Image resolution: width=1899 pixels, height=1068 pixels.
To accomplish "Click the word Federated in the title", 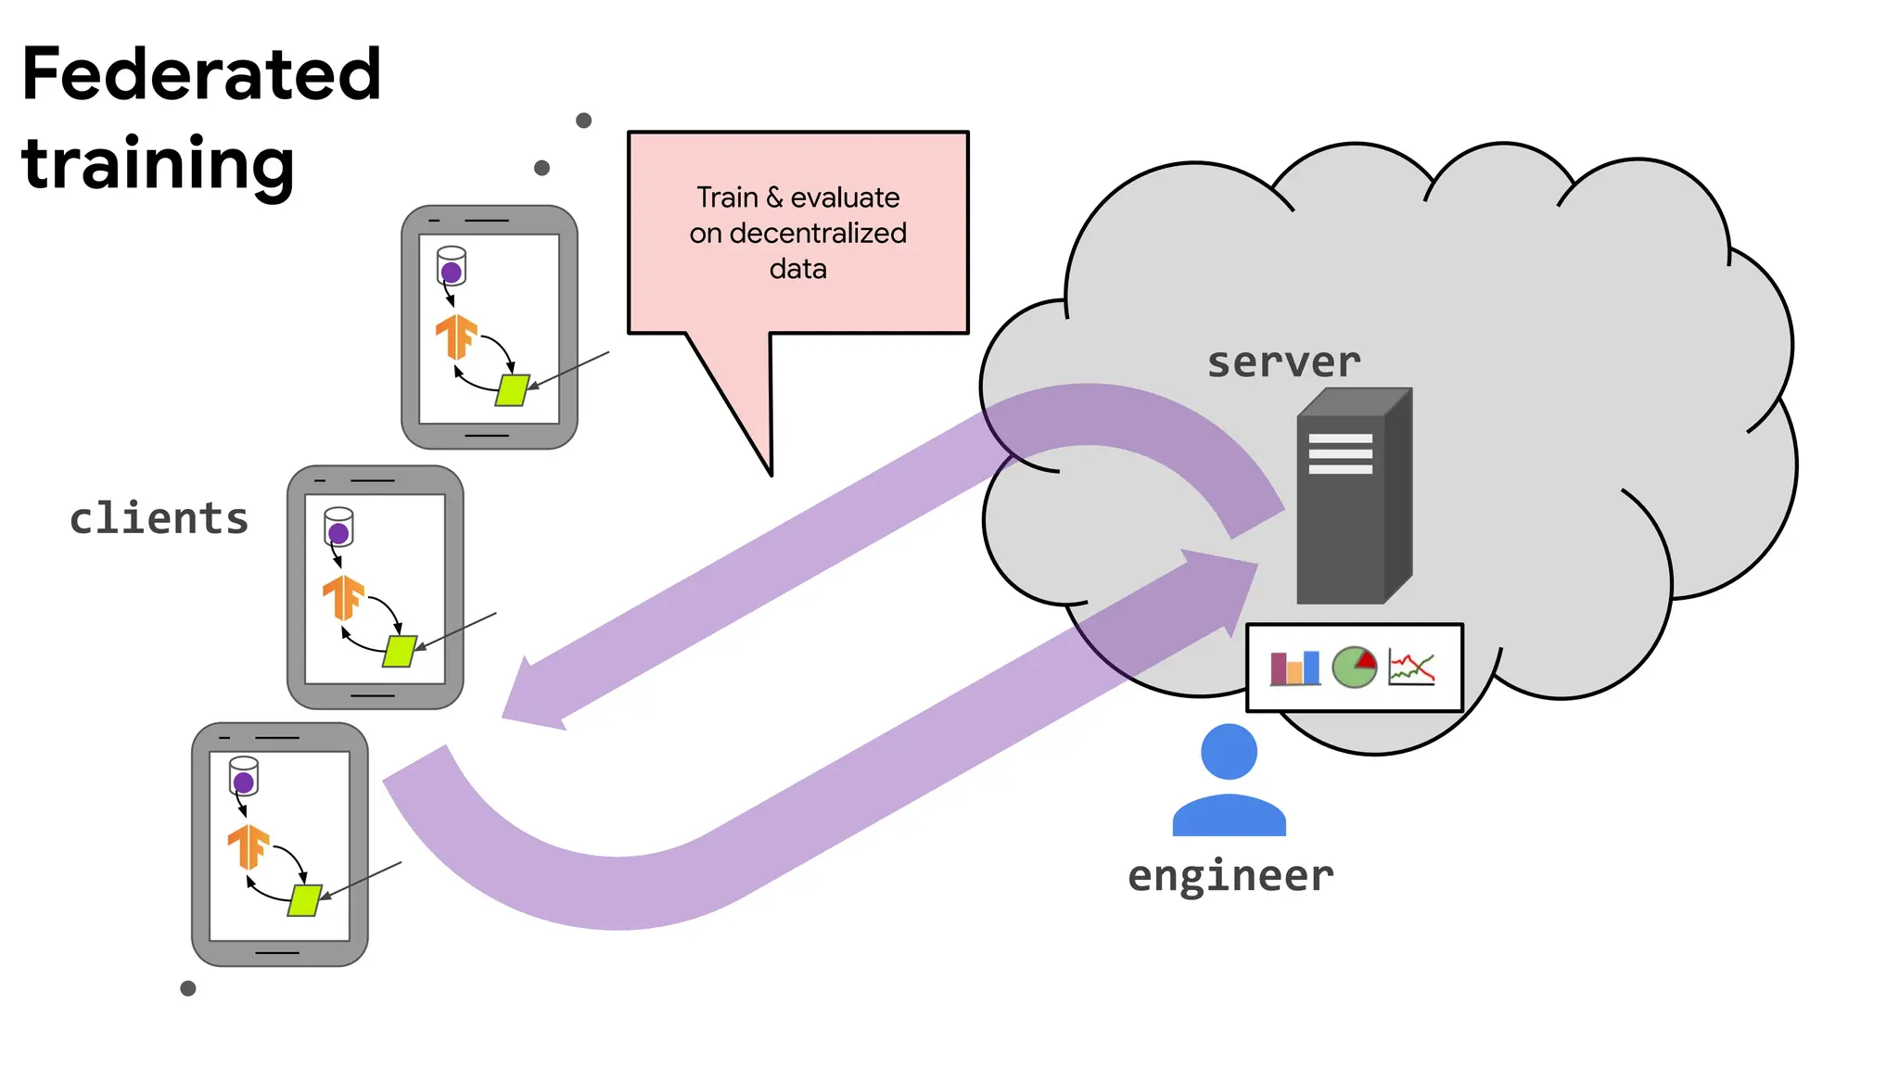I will [201, 75].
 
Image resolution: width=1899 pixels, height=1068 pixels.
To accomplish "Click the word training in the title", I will [158, 164].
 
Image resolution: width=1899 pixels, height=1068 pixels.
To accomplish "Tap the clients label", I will [159, 518].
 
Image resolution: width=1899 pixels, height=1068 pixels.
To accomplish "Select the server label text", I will [1283, 362].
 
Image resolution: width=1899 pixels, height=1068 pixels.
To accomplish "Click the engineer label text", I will [1230, 875].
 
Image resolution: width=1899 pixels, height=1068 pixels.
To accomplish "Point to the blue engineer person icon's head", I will [1229, 751].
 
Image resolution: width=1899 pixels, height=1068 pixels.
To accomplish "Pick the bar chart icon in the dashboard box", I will [1294, 667].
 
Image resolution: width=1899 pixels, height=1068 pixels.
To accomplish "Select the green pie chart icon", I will [1355, 667].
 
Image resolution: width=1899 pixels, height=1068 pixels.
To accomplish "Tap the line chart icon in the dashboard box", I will [1411, 667].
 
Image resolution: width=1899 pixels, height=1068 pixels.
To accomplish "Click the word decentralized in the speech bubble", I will [818, 234].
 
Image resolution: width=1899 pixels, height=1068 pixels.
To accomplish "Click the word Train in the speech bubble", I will [728, 197].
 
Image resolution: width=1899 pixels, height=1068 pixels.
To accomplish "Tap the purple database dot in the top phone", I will [452, 273].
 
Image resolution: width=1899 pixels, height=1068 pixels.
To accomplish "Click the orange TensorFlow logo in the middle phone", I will [343, 597].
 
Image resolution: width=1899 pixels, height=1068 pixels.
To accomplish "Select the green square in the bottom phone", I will [304, 900].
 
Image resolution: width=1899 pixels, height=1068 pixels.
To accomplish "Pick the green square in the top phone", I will [512, 390].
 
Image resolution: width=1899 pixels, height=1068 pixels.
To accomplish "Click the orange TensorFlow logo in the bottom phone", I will [249, 846].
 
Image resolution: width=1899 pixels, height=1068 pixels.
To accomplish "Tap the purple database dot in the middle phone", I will [338, 533].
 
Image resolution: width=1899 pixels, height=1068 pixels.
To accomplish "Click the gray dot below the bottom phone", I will [188, 988].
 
